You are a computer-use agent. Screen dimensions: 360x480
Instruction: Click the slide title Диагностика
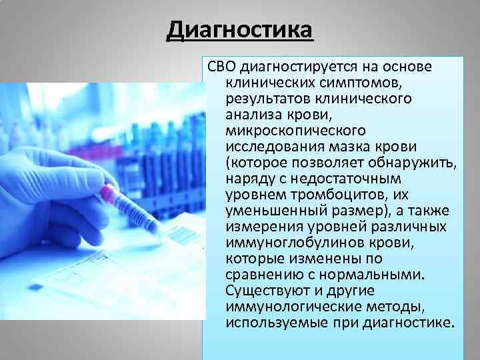(x=239, y=30)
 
